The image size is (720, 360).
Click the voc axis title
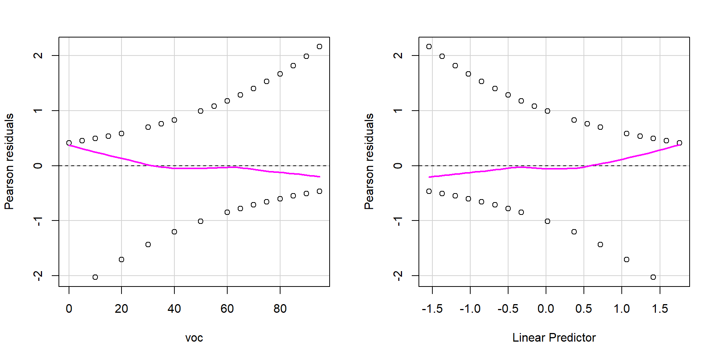pos(194,338)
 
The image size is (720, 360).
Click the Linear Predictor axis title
pos(554,338)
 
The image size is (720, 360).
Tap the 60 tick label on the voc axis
pos(227,309)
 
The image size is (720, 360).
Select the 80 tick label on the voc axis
pos(280,309)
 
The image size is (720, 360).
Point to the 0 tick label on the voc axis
pos(69,309)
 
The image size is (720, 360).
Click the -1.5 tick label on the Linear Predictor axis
pos(432,309)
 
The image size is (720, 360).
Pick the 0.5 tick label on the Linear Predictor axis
pos(584,309)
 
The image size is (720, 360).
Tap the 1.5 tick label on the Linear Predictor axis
pos(660,309)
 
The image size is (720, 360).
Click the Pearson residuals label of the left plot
pos(9,161)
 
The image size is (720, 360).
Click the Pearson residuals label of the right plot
pos(369,161)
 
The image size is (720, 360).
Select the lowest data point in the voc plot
pos(95,277)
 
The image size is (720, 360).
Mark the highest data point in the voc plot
pos(319,46)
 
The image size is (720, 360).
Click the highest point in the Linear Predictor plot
pos(429,46)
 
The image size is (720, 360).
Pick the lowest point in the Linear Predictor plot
pos(653,277)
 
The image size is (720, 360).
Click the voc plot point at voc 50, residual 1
pos(201,111)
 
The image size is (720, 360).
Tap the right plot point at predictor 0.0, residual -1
pos(547,221)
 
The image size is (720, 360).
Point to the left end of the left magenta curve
pos(69,145)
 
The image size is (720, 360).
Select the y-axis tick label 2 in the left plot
pos(38,55)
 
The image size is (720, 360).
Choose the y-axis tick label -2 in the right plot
pos(398,276)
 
